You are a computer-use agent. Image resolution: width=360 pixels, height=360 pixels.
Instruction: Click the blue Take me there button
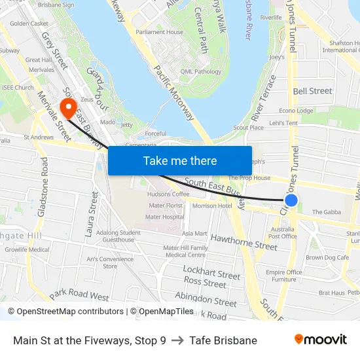tap(180, 160)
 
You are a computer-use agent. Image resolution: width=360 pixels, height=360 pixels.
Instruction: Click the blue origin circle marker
tap(292, 200)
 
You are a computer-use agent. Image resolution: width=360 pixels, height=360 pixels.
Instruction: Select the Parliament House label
tap(159, 32)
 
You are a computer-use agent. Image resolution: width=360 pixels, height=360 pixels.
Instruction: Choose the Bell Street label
tap(312, 91)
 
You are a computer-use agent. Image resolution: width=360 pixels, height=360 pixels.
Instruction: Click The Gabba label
tap(325, 212)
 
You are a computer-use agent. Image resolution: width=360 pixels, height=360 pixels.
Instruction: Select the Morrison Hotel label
tap(212, 206)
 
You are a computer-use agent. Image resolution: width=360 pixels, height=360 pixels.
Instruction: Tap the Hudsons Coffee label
tap(168, 194)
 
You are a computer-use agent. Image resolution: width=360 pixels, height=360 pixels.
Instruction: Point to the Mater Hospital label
tap(164, 217)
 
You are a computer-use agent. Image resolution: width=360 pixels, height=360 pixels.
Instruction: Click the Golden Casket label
tap(29, 24)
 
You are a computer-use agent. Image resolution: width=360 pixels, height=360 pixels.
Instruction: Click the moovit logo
tap(321, 340)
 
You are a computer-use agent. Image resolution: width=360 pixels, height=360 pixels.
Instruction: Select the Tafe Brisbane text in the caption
tap(223, 340)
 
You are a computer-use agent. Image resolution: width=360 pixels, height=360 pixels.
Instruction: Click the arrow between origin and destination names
tap(177, 340)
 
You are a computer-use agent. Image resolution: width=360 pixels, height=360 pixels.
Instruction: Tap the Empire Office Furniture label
tap(283, 276)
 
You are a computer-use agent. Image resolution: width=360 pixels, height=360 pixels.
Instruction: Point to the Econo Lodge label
tap(296, 111)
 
